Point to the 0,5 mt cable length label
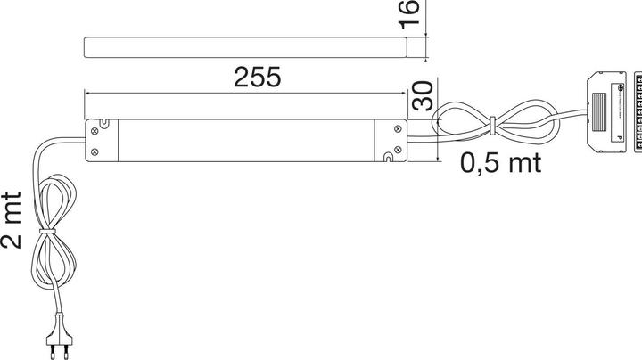pos(501,162)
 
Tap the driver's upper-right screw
pos(394,129)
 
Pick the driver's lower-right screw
pos(394,151)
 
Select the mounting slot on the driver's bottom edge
pos(385,160)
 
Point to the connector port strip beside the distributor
pos(636,110)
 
